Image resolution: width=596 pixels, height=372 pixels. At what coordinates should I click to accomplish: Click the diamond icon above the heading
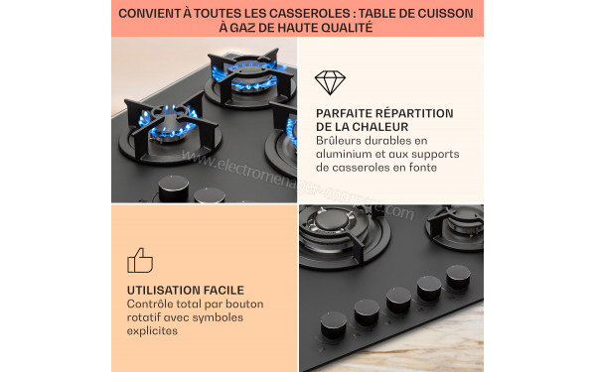330,83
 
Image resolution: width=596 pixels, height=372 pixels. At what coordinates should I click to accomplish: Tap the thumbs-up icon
140,260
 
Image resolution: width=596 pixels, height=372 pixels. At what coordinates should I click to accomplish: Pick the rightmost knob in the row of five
458,276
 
